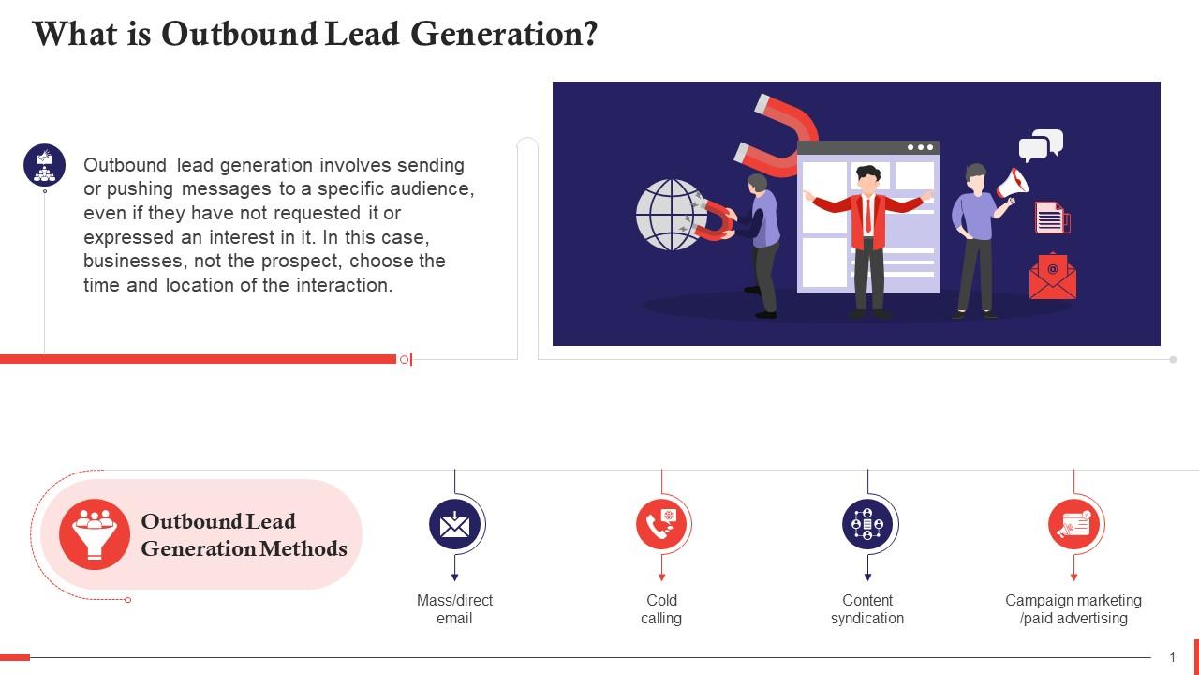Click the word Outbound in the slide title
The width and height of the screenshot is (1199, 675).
point(240,35)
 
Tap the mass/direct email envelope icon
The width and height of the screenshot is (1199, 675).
point(454,524)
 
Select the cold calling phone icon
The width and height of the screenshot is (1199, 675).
point(661,524)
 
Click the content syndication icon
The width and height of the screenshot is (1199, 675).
point(867,524)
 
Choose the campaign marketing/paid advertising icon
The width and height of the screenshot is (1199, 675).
point(1073,524)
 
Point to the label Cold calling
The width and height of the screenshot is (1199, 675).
point(661,609)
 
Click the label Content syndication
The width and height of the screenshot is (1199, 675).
point(867,609)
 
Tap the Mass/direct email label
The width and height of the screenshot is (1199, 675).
point(454,609)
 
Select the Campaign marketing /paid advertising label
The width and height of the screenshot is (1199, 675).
point(1073,609)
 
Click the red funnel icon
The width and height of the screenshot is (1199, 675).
point(95,533)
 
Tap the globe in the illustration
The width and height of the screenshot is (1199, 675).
point(670,215)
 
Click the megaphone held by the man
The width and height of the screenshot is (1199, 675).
point(1013,183)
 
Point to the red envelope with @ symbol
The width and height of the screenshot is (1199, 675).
point(1052,277)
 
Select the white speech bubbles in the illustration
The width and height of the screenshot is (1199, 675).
point(1041,145)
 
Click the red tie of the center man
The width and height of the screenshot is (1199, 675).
point(868,217)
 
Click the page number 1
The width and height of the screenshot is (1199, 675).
point(1172,658)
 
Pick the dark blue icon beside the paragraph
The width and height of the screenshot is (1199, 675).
point(44,165)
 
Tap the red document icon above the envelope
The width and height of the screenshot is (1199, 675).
point(1051,218)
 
